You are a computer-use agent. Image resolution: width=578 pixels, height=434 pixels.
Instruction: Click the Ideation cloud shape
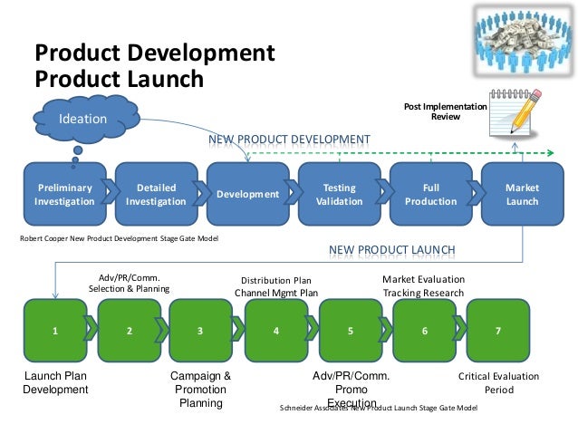[x=83, y=119]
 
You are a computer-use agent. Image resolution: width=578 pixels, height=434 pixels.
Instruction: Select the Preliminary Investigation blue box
[x=63, y=194]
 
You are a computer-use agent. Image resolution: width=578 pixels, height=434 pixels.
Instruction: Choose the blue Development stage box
[x=247, y=194]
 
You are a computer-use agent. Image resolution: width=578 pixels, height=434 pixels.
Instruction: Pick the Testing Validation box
[x=339, y=194]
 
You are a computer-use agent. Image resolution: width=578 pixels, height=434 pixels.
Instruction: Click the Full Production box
[x=430, y=194]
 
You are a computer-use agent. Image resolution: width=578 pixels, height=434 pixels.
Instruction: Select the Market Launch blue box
[x=522, y=194]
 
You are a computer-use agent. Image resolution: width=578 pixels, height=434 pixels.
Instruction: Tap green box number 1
[x=53, y=331]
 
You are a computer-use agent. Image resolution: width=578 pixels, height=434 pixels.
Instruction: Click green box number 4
[x=276, y=331]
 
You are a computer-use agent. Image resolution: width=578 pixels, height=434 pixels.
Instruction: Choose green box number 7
[x=498, y=331]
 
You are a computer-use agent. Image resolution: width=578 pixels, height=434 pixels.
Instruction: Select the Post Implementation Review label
[x=445, y=112]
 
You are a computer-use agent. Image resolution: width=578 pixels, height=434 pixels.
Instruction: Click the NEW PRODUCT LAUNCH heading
[x=391, y=248]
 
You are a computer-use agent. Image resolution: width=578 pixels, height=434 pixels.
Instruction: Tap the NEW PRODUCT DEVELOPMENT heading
[x=290, y=140]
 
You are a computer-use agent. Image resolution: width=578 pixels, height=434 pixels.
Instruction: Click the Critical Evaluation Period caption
[x=498, y=383]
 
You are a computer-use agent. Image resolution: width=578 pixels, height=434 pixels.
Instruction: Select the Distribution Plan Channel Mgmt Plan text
[x=276, y=286]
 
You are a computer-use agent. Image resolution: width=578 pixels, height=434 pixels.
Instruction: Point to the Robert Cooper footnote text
[x=119, y=238]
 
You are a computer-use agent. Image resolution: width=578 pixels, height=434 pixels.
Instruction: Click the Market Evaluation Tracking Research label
[x=423, y=286]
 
